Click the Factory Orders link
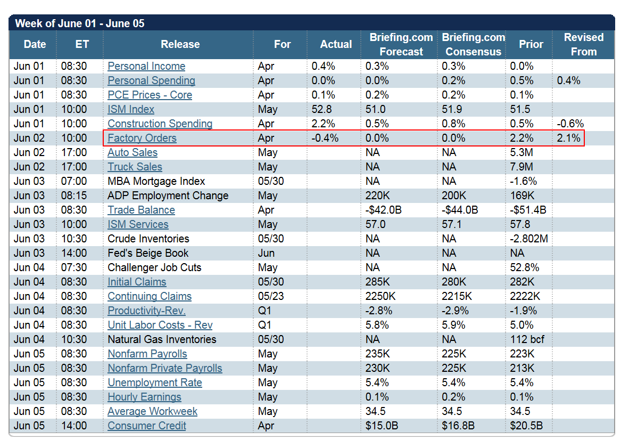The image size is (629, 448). pos(142,138)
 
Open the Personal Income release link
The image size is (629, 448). pos(146,66)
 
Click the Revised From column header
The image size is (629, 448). pos(583,45)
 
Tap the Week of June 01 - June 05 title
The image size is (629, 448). pos(80,23)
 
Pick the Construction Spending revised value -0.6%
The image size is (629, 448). pos(570,124)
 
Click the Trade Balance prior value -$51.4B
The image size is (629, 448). pos(528,210)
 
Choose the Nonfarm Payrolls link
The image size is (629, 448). pos(147,354)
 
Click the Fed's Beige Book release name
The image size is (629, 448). pos(148,253)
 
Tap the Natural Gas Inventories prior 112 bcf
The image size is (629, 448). pos(527,339)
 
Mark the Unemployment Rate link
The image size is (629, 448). pos(154,382)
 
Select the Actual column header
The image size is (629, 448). pos(336,45)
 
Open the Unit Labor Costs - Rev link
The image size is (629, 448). pos(160,325)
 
